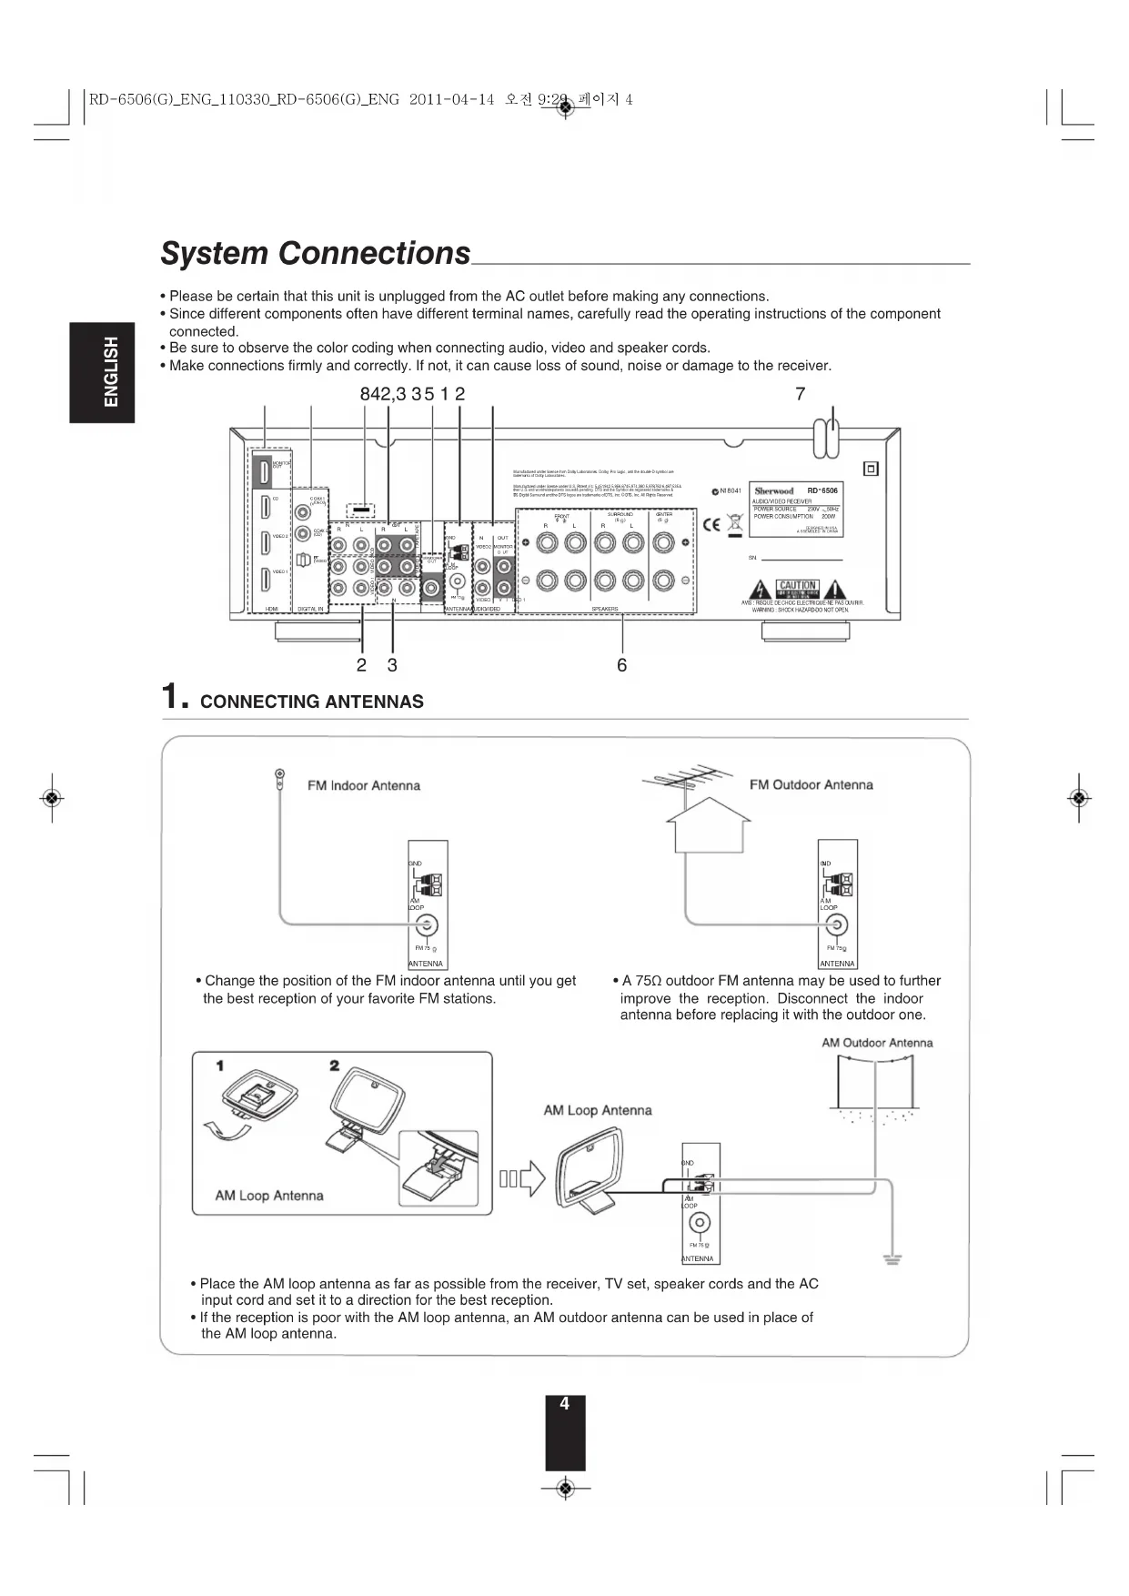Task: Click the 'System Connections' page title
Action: click(315, 253)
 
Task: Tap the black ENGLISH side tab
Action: click(102, 371)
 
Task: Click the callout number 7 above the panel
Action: click(800, 394)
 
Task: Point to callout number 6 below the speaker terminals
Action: click(621, 665)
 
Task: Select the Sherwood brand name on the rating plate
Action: click(774, 491)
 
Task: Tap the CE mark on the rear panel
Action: click(712, 524)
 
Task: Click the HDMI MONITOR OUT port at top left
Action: click(264, 470)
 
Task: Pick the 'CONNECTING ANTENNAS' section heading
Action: click(311, 702)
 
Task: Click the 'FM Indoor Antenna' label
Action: click(363, 785)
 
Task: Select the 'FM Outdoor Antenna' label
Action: click(811, 784)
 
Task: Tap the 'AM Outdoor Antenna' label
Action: click(877, 1043)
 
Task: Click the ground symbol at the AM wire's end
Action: click(892, 1259)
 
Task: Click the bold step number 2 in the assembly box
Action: click(335, 1066)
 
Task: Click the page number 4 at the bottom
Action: click(564, 1404)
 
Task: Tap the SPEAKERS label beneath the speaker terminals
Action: click(605, 609)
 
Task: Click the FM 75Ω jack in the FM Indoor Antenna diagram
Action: click(426, 925)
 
